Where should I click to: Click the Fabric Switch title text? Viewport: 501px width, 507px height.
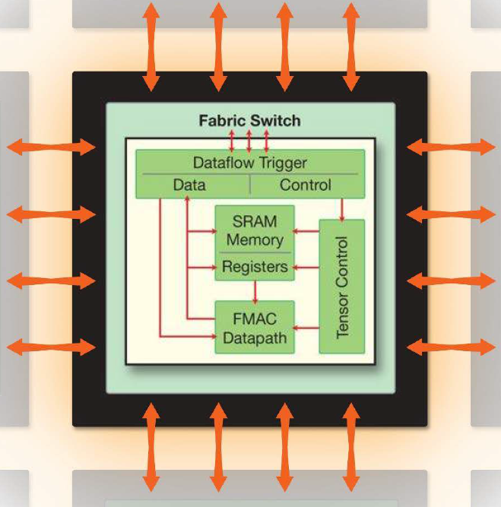[249, 121]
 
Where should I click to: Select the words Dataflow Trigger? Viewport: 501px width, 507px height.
[249, 162]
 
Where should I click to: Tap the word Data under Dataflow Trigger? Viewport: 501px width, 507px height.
[189, 185]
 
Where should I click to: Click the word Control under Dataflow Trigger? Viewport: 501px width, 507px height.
[306, 185]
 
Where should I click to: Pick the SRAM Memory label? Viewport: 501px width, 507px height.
[255, 230]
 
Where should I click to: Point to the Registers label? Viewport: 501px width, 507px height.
[255, 267]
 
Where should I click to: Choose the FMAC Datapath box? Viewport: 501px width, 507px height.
[255, 327]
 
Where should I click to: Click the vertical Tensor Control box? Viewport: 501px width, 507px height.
[341, 287]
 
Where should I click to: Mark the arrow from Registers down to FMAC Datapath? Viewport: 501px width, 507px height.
[255, 290]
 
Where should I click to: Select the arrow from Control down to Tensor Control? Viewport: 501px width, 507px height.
[342, 209]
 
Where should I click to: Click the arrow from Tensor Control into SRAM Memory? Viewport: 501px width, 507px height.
[306, 230]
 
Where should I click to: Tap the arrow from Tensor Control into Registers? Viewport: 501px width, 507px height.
[306, 267]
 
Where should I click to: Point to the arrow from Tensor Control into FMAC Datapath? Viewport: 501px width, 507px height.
[306, 328]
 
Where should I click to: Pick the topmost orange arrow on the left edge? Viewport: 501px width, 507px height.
[52, 147]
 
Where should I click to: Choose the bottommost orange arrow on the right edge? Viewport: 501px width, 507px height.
[451, 347]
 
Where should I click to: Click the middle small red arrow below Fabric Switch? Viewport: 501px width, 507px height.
[249, 141]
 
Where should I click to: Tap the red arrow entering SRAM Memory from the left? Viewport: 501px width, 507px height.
[201, 230]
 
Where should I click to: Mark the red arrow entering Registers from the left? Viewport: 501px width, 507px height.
[201, 267]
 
